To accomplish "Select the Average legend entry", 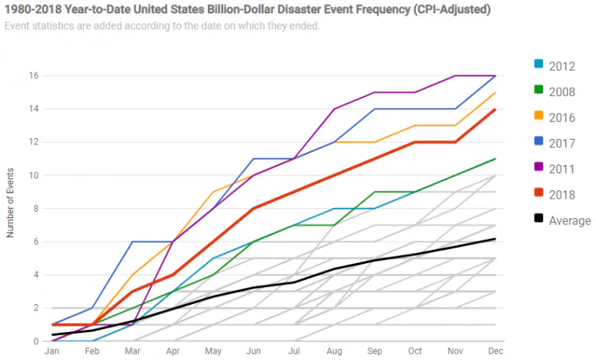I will click(570, 220).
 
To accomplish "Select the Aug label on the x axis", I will click(335, 352).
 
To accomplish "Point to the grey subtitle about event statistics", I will click(160, 26).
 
